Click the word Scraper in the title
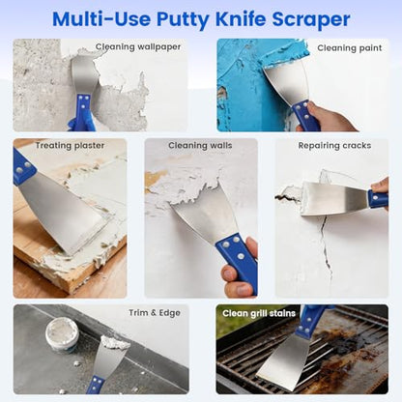pyautogui.click(x=311, y=19)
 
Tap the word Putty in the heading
pyautogui.click(x=183, y=20)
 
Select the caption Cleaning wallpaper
pyautogui.click(x=138, y=47)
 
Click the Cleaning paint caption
pyautogui.click(x=350, y=48)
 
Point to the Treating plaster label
pyautogui.click(x=70, y=146)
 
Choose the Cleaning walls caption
pyautogui.click(x=200, y=145)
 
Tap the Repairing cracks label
pyautogui.click(x=334, y=146)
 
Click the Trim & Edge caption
pyautogui.click(x=155, y=313)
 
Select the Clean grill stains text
pyautogui.click(x=259, y=313)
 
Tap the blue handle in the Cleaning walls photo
pyautogui.click(x=238, y=261)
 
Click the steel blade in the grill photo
pyautogui.click(x=282, y=361)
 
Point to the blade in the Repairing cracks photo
pyautogui.click(x=334, y=198)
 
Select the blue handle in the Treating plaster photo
pyautogui.click(x=22, y=167)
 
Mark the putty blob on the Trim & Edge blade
pyautogui.click(x=115, y=343)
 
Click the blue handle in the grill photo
pyautogui.click(x=309, y=320)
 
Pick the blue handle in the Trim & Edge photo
pyautogui.click(x=96, y=385)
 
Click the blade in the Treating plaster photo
pyautogui.click(x=66, y=213)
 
